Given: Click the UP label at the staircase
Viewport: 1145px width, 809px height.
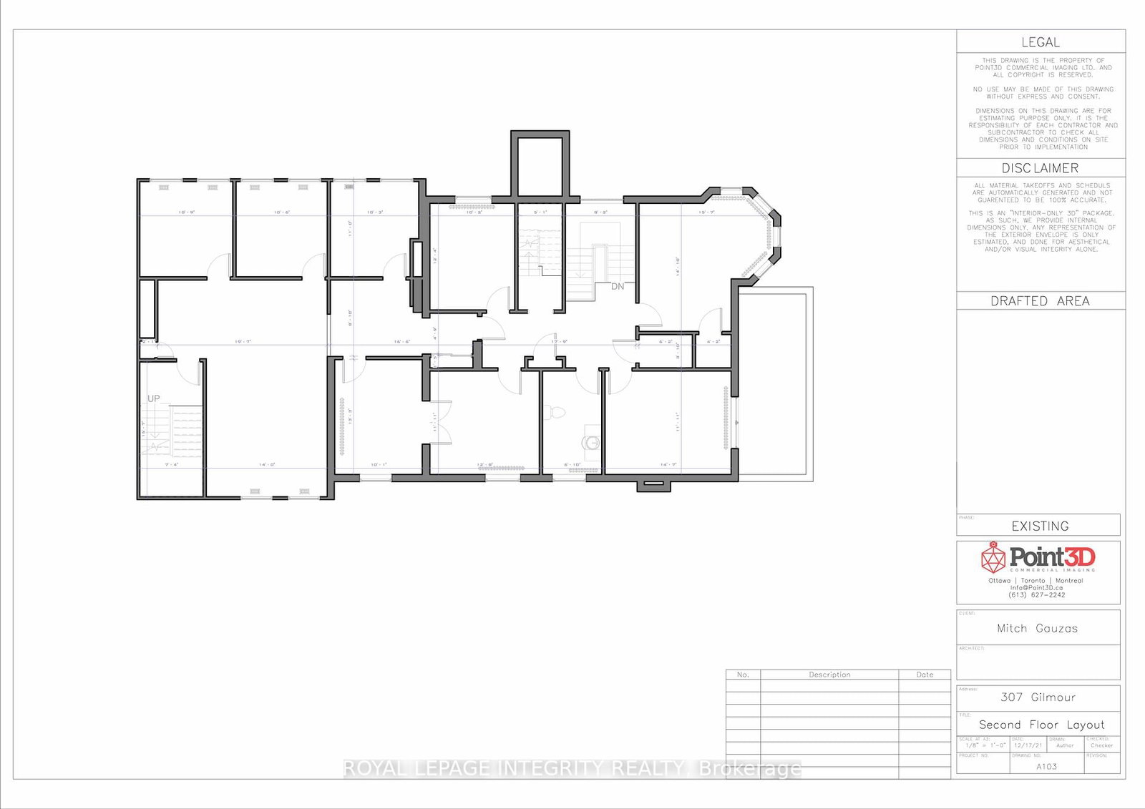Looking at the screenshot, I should pyautogui.click(x=154, y=398).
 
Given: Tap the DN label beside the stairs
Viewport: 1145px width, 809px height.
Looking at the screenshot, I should pyautogui.click(x=618, y=286).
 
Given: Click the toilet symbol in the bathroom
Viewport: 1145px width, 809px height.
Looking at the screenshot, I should pyautogui.click(x=555, y=413).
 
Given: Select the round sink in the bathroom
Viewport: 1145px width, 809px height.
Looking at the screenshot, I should pyautogui.click(x=592, y=442).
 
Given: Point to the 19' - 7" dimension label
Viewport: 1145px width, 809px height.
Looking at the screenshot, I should pyautogui.click(x=243, y=342).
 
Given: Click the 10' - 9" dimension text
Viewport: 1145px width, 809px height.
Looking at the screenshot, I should pyautogui.click(x=187, y=212).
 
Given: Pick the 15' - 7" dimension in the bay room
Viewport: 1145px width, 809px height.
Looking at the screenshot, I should pyautogui.click(x=707, y=212).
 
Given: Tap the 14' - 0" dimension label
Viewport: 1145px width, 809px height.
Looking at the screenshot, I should pyautogui.click(x=267, y=465).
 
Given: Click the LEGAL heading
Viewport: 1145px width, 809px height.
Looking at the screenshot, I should pyautogui.click(x=1040, y=42).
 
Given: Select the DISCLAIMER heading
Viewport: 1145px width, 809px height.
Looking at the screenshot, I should pyautogui.click(x=1040, y=168).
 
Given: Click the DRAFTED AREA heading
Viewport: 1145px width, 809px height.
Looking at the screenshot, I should pyautogui.click(x=1040, y=301).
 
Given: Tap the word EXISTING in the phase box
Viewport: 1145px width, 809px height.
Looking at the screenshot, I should pyautogui.click(x=1040, y=526).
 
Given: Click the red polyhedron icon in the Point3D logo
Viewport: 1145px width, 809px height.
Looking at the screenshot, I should pyautogui.click(x=993, y=557).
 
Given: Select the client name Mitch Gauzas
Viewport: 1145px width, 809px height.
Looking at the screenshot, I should pyautogui.click(x=1037, y=628).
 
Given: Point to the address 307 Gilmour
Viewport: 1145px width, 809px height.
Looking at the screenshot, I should pyautogui.click(x=1038, y=697).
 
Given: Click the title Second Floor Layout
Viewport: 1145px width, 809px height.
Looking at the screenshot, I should pyautogui.click(x=1041, y=725).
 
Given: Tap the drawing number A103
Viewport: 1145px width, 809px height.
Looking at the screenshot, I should pyautogui.click(x=1046, y=766).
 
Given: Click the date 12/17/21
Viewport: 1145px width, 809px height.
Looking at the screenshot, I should pyautogui.click(x=1028, y=745).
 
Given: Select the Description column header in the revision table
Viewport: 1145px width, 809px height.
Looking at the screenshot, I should pyautogui.click(x=829, y=675).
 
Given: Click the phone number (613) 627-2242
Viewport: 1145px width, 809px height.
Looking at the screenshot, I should pyautogui.click(x=1037, y=595).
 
